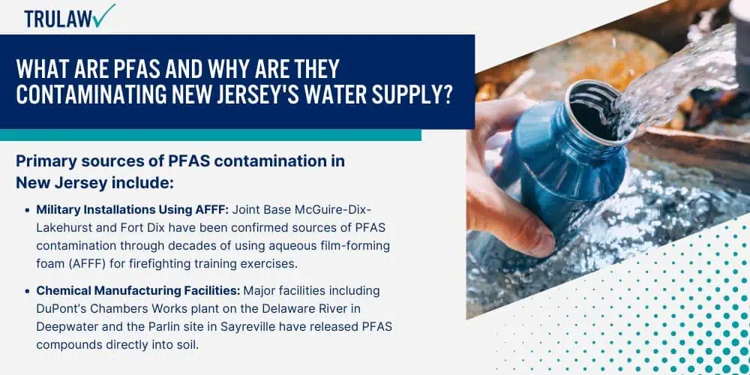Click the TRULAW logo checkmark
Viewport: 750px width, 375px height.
coord(104,15)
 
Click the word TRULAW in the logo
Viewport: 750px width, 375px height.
coord(58,19)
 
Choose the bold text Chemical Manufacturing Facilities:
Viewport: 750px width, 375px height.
coord(139,291)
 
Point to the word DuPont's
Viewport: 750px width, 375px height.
coord(58,309)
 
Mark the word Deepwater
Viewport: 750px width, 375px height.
coord(62,327)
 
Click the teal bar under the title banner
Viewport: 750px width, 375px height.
coord(211,135)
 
